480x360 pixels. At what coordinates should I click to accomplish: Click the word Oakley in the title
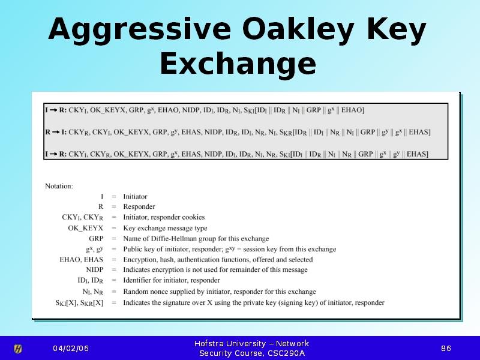[x=298, y=29]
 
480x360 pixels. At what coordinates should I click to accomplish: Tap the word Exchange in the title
[x=238, y=64]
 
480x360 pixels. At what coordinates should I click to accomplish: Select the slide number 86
[x=446, y=349]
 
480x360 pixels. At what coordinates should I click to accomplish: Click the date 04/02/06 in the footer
[x=71, y=349]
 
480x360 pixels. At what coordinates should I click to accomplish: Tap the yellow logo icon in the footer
[x=18, y=349]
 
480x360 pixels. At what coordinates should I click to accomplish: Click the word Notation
[x=59, y=186]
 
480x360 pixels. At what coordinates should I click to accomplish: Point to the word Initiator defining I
[x=136, y=197]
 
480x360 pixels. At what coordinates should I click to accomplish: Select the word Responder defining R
[x=139, y=206]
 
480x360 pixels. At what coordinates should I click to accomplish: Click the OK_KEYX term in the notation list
[x=86, y=229]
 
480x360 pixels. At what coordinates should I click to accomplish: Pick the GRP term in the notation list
[x=96, y=238]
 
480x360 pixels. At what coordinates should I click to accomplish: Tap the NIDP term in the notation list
[x=95, y=269]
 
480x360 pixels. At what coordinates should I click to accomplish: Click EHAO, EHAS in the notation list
[x=82, y=260]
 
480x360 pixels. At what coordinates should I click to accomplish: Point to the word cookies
[x=193, y=217]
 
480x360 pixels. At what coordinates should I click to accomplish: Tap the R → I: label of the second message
[x=56, y=132]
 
